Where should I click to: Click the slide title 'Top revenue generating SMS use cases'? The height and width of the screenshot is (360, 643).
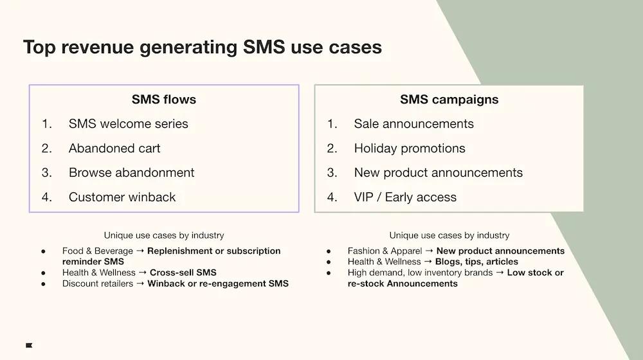pyautogui.click(x=203, y=48)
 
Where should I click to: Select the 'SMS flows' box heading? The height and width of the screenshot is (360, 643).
pyautogui.click(x=164, y=99)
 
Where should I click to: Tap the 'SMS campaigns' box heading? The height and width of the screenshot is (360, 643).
pyautogui.click(x=449, y=99)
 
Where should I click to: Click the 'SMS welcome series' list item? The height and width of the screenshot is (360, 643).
pyautogui.click(x=129, y=123)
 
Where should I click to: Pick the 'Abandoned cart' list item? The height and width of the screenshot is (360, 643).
pyautogui.click(x=114, y=148)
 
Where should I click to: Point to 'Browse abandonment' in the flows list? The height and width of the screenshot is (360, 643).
pyautogui.click(x=131, y=172)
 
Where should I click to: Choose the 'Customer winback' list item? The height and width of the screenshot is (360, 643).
pyautogui.click(x=122, y=197)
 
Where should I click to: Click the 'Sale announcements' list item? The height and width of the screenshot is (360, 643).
pyautogui.click(x=413, y=123)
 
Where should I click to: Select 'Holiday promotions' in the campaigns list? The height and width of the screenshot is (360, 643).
pyautogui.click(x=410, y=148)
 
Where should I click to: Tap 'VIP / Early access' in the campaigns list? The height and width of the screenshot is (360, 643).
pyautogui.click(x=405, y=197)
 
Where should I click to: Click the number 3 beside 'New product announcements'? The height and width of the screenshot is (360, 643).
pyautogui.click(x=332, y=172)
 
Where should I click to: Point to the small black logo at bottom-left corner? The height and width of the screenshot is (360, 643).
pyautogui.click(x=29, y=345)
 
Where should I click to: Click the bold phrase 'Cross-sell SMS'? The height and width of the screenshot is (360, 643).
pyautogui.click(x=183, y=273)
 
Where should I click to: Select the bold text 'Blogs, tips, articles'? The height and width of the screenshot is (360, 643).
pyautogui.click(x=476, y=262)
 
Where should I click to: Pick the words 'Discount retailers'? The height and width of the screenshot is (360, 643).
pyautogui.click(x=98, y=283)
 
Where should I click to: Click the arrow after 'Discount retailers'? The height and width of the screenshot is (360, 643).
pyautogui.click(x=140, y=283)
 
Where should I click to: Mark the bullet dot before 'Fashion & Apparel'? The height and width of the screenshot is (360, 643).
pyautogui.click(x=329, y=251)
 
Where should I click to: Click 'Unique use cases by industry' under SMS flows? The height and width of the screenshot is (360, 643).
pyautogui.click(x=164, y=235)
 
